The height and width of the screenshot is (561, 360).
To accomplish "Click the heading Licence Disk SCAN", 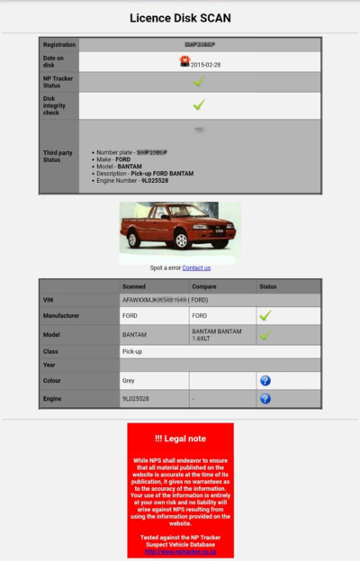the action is tap(180, 17).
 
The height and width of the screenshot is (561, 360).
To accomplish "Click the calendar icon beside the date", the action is tap(184, 61).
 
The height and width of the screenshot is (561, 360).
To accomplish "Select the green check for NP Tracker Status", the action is tap(199, 81).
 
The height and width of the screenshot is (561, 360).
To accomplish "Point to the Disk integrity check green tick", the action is tap(199, 105).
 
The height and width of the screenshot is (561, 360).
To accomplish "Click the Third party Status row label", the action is tap(58, 156).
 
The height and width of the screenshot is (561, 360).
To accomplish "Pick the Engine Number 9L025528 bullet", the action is tap(133, 181).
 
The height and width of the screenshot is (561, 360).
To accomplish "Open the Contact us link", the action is tap(196, 267).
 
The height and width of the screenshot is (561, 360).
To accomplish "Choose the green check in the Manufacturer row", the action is tap(265, 316).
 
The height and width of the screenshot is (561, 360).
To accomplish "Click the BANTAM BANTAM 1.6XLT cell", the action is tap(222, 335).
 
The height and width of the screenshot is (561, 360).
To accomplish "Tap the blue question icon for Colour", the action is tap(265, 381).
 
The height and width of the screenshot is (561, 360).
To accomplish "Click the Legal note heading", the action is tap(180, 439).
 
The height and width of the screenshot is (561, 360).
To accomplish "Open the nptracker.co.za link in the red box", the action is tap(180, 552).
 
